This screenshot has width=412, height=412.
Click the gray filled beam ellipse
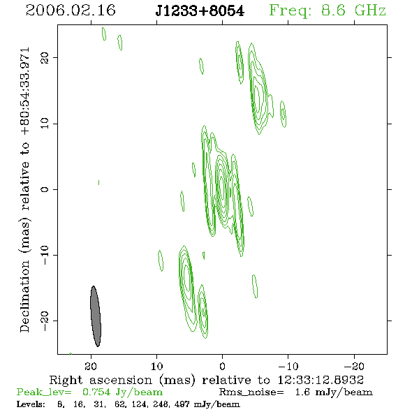click(x=96, y=316)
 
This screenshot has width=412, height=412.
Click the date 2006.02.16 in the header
click(x=71, y=10)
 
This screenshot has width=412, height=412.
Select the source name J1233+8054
click(x=200, y=11)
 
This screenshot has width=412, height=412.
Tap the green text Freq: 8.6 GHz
click(x=328, y=11)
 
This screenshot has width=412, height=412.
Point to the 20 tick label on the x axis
click(x=91, y=366)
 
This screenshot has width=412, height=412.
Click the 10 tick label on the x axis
click(x=156, y=366)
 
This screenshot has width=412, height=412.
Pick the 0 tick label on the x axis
click(x=222, y=366)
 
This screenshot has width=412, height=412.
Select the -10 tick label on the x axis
click(x=288, y=366)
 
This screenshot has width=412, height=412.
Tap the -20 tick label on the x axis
click(x=354, y=366)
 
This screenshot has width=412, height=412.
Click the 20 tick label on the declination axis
click(x=45, y=57)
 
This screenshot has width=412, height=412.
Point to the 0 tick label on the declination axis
click(x=45, y=189)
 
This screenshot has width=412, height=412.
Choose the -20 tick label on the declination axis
click(x=45, y=321)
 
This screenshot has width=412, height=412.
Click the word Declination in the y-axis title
click(x=24, y=296)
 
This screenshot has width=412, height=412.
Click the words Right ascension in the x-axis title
click(x=101, y=380)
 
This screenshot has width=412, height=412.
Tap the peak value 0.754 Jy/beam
click(x=123, y=392)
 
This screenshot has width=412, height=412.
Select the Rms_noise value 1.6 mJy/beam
click(x=334, y=392)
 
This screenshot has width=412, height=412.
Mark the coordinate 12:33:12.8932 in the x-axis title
click(x=321, y=380)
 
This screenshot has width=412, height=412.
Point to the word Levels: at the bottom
click(x=31, y=404)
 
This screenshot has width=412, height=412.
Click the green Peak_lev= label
click(x=44, y=392)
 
